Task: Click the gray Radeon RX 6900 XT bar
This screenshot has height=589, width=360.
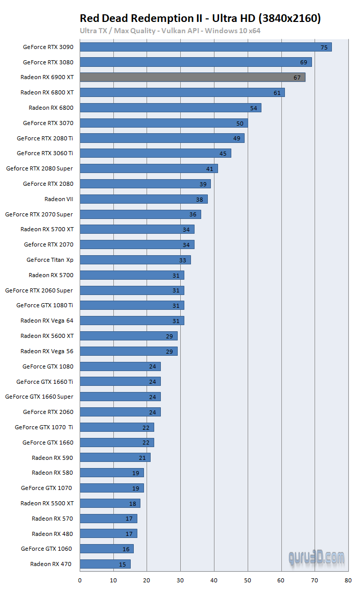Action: click(x=193, y=77)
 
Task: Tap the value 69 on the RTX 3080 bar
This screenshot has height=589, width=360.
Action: click(x=303, y=62)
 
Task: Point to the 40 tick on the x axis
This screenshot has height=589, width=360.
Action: click(x=214, y=580)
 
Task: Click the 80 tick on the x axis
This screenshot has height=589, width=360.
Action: click(x=348, y=580)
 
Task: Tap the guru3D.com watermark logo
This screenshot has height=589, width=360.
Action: click(x=316, y=557)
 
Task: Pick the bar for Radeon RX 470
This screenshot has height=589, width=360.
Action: click(x=105, y=564)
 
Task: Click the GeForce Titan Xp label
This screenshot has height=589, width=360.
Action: click(x=50, y=260)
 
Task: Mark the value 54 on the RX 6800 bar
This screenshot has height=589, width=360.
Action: click(x=253, y=108)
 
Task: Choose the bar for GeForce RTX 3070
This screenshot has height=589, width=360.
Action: click(x=164, y=123)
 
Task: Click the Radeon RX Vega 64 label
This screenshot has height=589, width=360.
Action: click(x=47, y=321)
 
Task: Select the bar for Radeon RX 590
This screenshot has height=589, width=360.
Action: click(x=115, y=457)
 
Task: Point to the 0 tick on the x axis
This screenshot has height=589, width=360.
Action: click(x=80, y=580)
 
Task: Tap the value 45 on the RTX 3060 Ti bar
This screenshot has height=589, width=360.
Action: click(x=223, y=153)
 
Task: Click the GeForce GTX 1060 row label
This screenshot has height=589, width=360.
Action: click(x=46, y=549)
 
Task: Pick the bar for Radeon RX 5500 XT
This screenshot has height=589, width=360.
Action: click(x=110, y=503)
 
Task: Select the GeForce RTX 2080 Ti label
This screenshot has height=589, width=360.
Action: click(x=45, y=138)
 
